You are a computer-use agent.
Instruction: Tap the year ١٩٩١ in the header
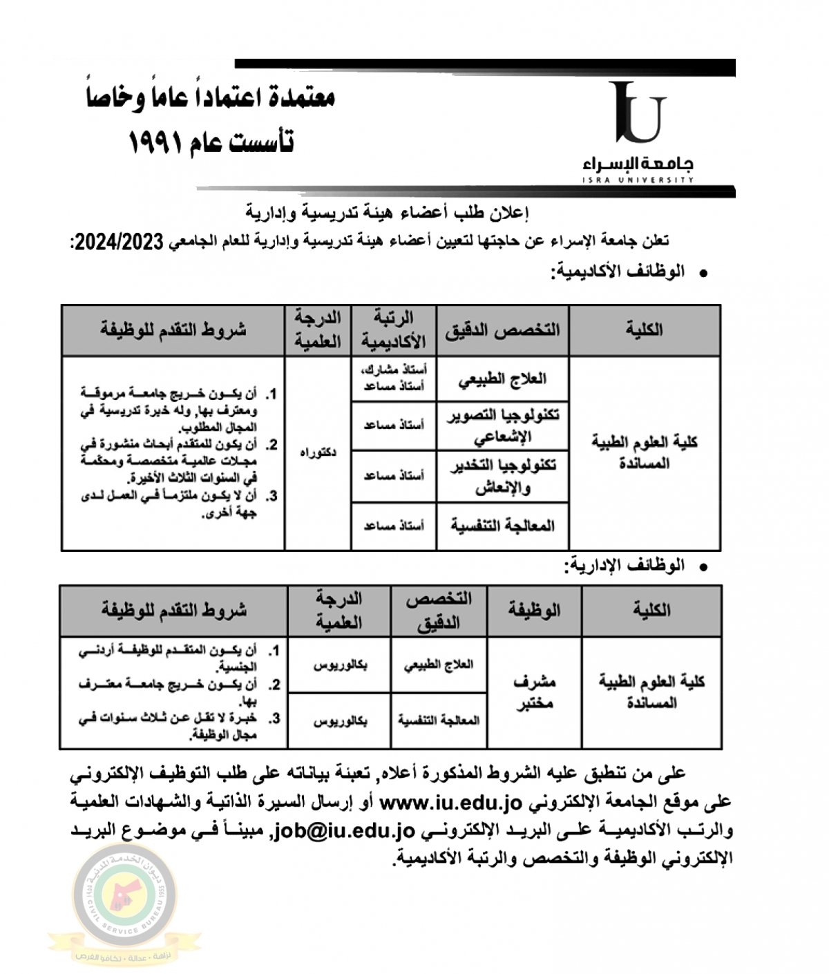156,143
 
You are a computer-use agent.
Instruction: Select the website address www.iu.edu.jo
450,803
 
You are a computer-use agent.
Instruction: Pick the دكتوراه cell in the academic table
318,453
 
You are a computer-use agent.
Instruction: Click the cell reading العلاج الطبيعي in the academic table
502,379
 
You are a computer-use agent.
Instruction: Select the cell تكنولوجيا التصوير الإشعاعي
502,426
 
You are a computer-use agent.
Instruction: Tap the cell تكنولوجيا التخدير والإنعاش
502,476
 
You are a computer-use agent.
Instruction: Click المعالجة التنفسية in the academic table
502,526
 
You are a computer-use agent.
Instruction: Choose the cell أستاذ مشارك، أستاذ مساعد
394,379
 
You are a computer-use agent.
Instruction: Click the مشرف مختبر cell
534,692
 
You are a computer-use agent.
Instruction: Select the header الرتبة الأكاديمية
394,330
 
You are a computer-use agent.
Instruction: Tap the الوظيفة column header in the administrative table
534,611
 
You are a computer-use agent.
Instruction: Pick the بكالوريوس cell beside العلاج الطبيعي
340,665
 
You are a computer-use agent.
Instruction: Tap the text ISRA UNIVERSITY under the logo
637,180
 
